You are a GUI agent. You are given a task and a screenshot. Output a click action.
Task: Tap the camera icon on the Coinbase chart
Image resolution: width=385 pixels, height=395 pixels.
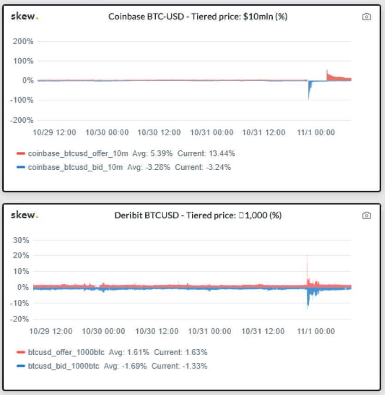(367, 17)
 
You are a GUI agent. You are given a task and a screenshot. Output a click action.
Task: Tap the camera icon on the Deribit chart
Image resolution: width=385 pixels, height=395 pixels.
(367, 216)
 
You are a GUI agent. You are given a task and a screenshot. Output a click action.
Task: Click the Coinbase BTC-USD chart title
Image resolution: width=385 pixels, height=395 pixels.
(198, 17)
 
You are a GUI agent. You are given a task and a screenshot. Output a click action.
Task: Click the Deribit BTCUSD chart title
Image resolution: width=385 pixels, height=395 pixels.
(198, 216)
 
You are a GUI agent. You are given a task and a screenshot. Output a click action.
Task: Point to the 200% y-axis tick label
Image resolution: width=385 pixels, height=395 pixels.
(23, 41)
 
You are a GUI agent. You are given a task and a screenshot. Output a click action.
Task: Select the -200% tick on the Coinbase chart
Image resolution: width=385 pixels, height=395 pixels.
(22, 120)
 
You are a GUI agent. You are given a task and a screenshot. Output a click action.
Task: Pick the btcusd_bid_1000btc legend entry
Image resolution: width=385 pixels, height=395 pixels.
(65, 366)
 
